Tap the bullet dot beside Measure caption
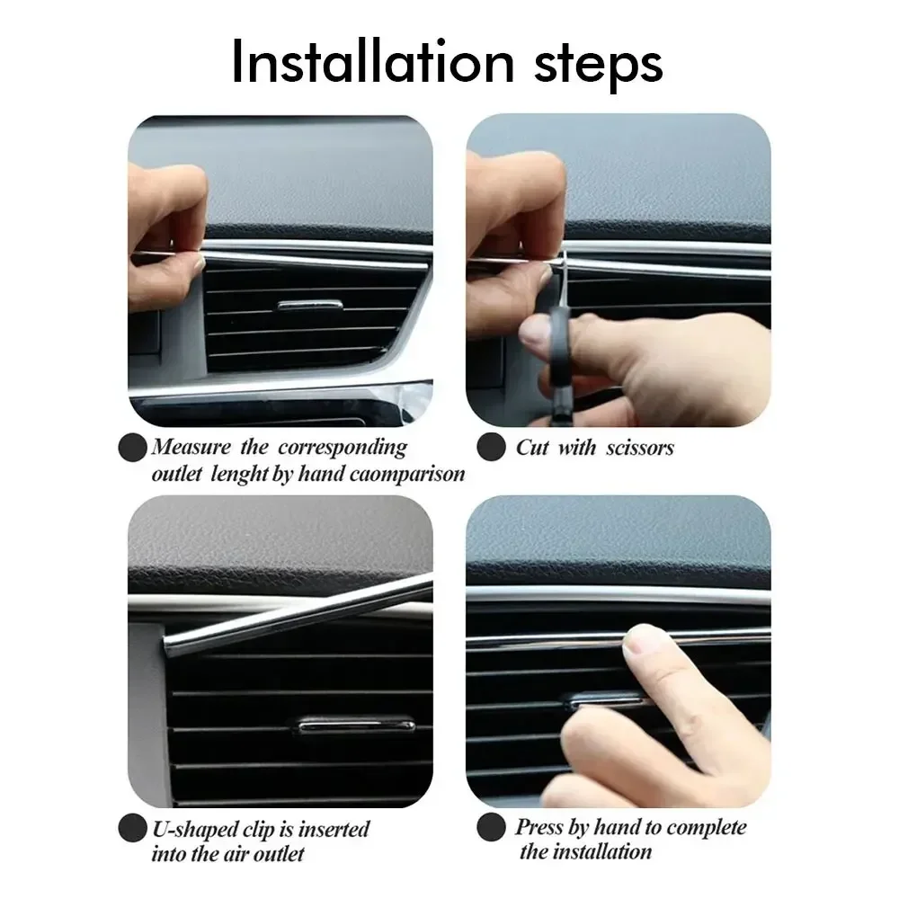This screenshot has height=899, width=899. pos(134,446)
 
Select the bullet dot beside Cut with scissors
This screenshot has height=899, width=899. pos(490,447)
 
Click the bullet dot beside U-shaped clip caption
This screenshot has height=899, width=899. pos(134,827)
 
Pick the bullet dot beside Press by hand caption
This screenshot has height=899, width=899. pos(490,827)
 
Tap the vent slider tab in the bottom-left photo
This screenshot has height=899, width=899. pos(356,723)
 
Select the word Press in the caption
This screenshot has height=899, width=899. pos(542,827)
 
